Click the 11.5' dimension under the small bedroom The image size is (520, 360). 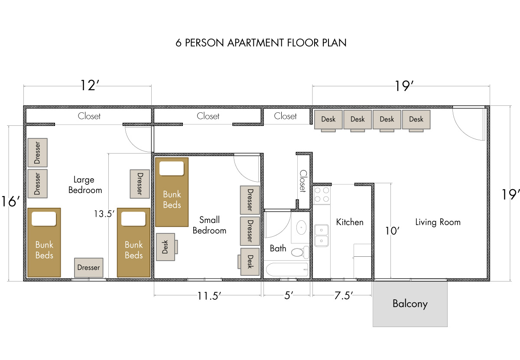tap(210, 296)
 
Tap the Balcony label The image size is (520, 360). tap(410, 304)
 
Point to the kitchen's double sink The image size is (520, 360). tap(322, 235)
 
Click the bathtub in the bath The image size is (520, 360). tap(286, 269)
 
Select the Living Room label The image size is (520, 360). tap(438, 222)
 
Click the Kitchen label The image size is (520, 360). tap(350, 222)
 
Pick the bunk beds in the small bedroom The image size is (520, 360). tap(172, 192)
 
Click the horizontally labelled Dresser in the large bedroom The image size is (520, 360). tap(88, 268)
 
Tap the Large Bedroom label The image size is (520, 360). tap(85, 185)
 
